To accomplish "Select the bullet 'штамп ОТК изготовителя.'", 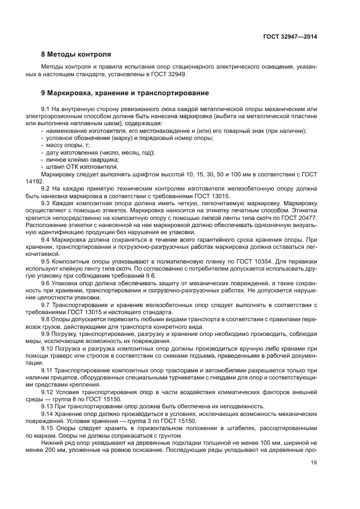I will click(x=78, y=167).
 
